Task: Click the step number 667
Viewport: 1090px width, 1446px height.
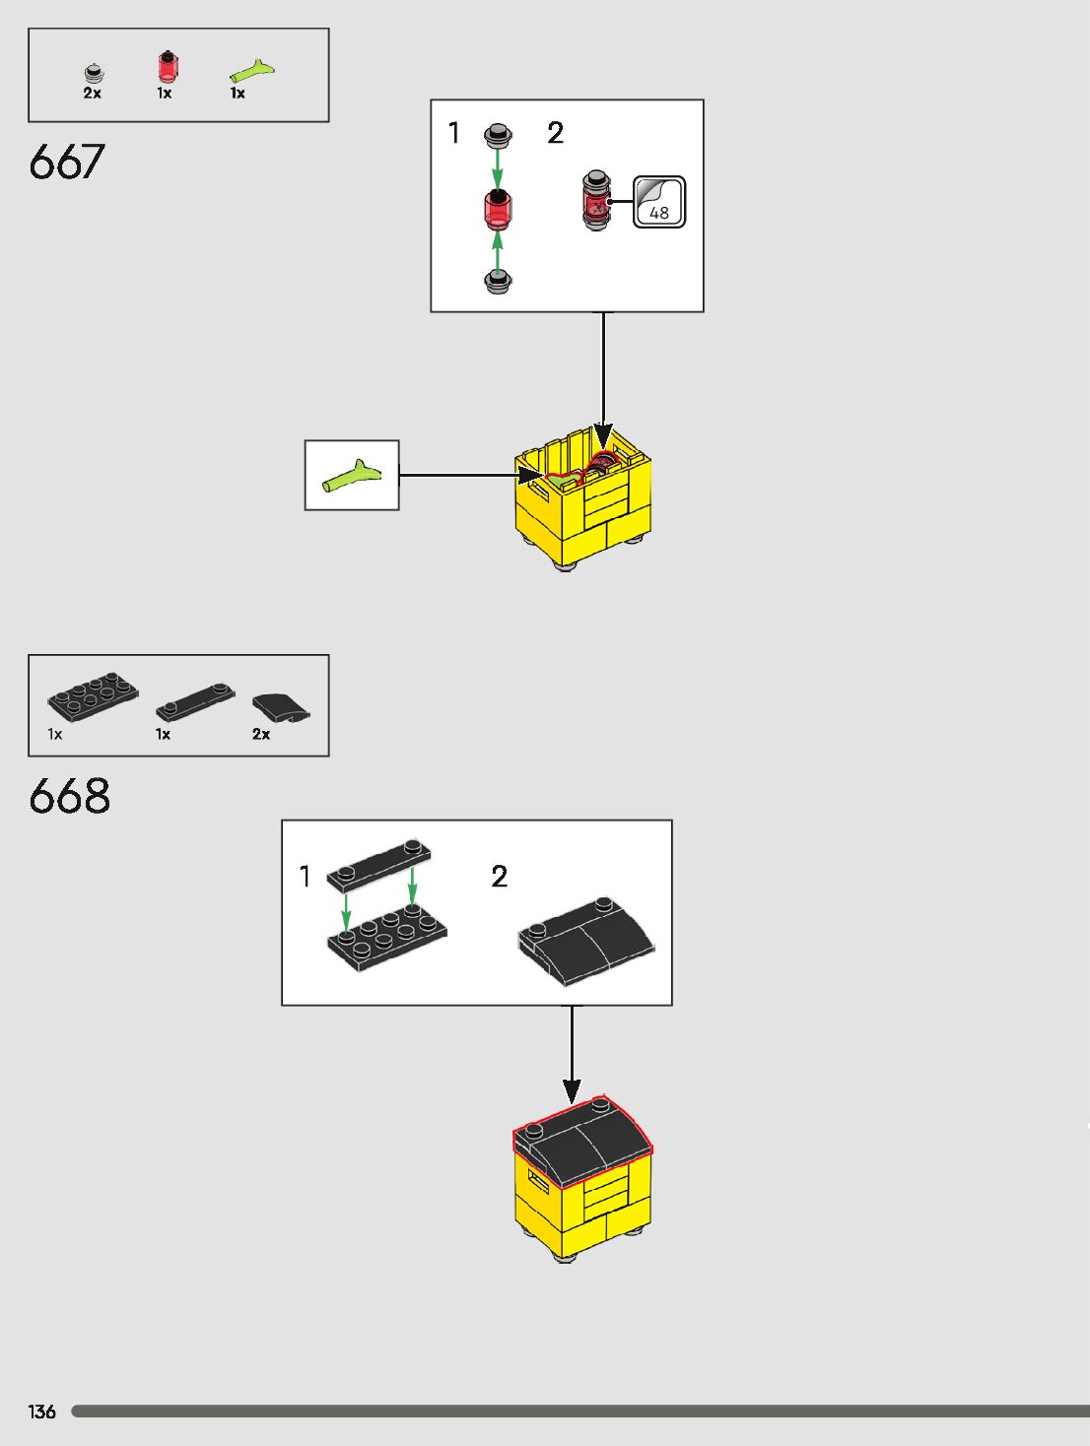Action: (67, 162)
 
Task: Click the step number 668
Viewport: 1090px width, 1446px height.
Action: (69, 796)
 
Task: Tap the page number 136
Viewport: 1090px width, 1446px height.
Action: (42, 1412)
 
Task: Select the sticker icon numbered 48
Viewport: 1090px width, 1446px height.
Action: (659, 202)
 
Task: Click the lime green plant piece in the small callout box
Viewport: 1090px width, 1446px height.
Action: (351, 476)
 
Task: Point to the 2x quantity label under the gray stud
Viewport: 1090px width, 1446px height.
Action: (92, 94)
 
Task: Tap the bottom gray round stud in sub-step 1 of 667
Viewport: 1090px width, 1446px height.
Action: (498, 281)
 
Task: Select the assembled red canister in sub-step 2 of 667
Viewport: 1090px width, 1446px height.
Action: (595, 201)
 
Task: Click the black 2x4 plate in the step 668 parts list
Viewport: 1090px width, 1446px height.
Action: (93, 697)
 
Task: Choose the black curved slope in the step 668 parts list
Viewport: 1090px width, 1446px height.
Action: (280, 707)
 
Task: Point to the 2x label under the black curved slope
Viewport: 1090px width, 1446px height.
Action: (261, 734)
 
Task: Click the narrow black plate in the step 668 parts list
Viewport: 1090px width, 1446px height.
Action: (195, 700)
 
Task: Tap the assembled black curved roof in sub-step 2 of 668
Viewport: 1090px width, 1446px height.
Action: (586, 940)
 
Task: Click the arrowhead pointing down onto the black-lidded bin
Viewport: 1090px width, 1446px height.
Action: (572, 1090)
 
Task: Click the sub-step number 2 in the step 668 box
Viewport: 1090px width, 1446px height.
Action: (500, 876)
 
